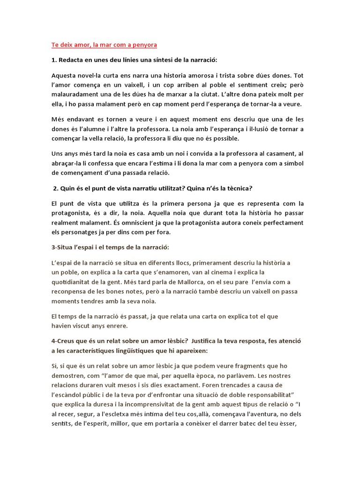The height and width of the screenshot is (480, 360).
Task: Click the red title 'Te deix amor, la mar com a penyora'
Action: tap(104, 45)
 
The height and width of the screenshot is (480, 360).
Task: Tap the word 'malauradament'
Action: tap(75, 95)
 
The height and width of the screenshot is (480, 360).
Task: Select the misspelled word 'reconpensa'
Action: tap(70, 291)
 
